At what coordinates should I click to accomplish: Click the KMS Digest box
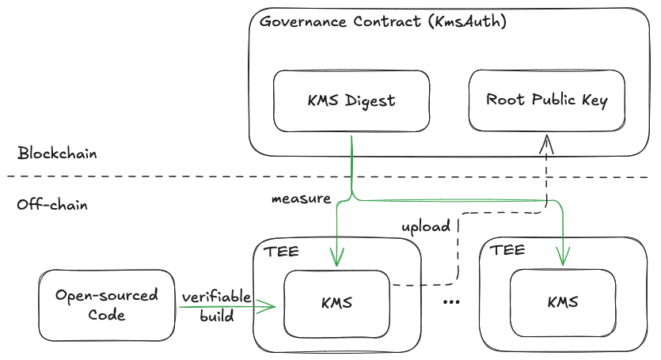pyautogui.click(x=351, y=100)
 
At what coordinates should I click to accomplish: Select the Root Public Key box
pyautogui.click(x=546, y=100)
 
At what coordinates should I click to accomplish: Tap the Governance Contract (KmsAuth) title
pyautogui.click(x=383, y=21)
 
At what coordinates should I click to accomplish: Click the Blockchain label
pyautogui.click(x=57, y=153)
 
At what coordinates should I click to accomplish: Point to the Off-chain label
pyautogui.click(x=52, y=205)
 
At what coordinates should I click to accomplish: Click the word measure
pyautogui.click(x=301, y=199)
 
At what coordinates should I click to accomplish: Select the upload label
pyautogui.click(x=427, y=226)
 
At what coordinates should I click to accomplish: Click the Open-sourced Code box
pyautogui.click(x=106, y=305)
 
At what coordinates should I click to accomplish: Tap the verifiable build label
pyautogui.click(x=216, y=306)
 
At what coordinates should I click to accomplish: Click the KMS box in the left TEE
pyautogui.click(x=337, y=302)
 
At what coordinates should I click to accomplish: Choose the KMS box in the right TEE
pyautogui.click(x=562, y=302)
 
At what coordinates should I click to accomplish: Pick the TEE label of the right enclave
pyautogui.click(x=507, y=251)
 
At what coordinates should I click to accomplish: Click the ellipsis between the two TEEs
pyautogui.click(x=453, y=302)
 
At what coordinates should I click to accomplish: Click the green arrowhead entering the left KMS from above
pyautogui.click(x=338, y=261)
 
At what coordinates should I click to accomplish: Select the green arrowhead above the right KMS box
pyautogui.click(x=563, y=260)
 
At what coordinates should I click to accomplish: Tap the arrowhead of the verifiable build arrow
pyautogui.click(x=269, y=305)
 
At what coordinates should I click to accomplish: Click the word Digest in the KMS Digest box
pyautogui.click(x=371, y=100)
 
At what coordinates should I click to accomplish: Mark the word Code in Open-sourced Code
pyautogui.click(x=107, y=314)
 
